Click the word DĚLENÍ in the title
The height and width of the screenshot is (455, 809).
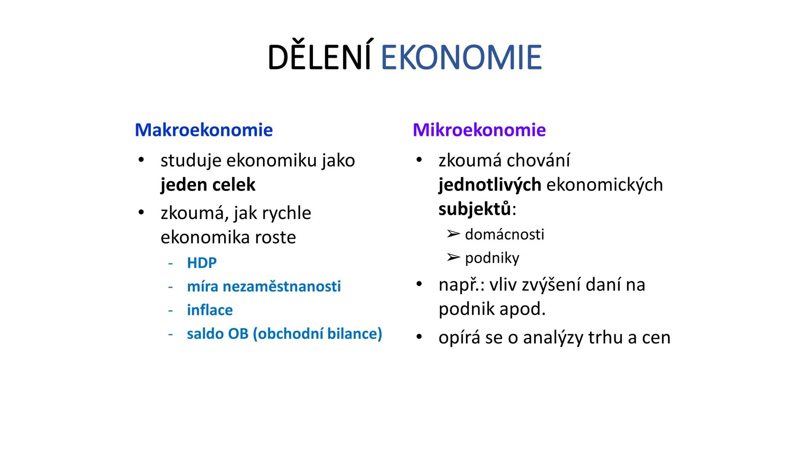[319, 58]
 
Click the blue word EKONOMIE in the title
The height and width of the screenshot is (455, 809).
[461, 58]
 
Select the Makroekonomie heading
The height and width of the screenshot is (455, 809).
[204, 130]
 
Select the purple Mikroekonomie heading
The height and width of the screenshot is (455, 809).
[479, 130]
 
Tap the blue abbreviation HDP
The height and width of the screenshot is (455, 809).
[201, 263]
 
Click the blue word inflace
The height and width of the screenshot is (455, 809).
[209, 310]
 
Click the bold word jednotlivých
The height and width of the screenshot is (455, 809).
[490, 185]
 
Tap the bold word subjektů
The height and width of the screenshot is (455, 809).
[474, 209]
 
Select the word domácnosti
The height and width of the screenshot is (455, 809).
[504, 234]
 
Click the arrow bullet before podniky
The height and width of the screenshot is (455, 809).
[453, 257]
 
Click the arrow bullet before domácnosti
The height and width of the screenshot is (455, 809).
[453, 234]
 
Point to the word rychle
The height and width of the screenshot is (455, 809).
[286, 213]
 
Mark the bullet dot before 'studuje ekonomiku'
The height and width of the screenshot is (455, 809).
[141, 160]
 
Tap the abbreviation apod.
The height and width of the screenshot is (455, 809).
[522, 309]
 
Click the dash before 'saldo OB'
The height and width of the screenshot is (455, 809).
[170, 334]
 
